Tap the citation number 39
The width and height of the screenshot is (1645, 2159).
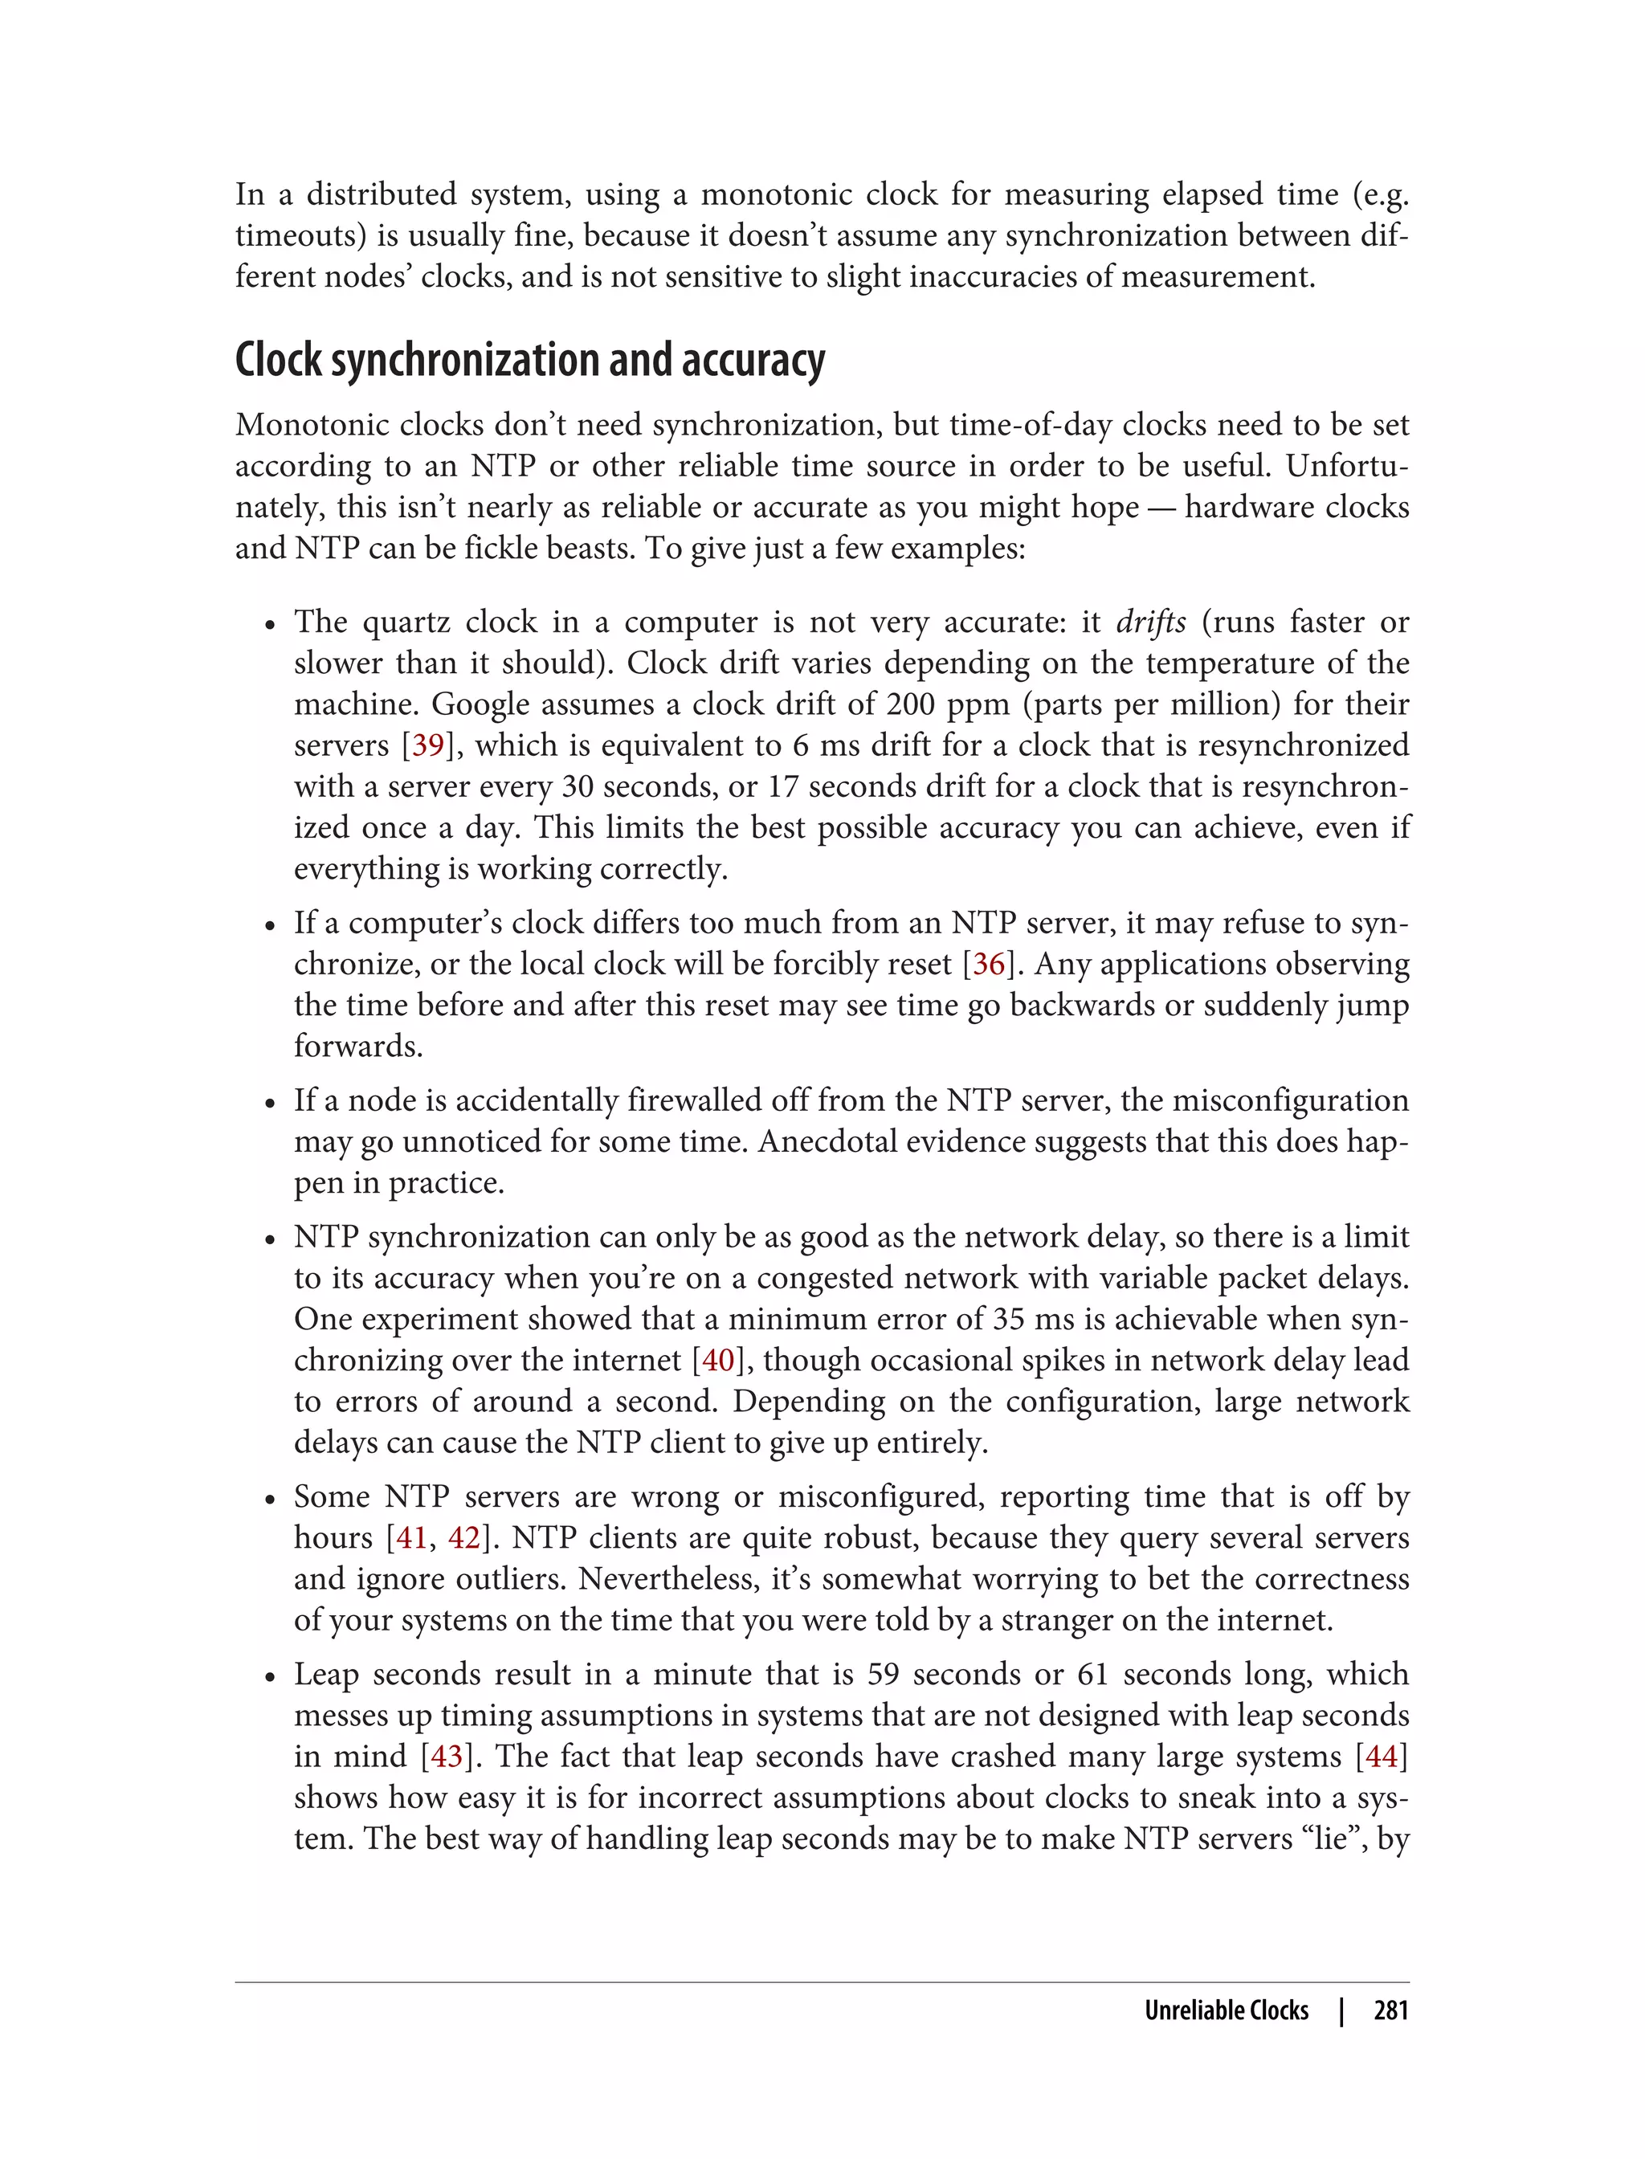coord(428,745)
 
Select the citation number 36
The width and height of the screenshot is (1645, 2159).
coord(988,965)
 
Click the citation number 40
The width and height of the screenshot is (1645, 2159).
coord(718,1360)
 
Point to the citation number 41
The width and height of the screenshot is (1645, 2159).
coord(411,1538)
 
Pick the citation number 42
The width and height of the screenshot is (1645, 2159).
coord(464,1538)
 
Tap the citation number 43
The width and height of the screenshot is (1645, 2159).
coord(447,1757)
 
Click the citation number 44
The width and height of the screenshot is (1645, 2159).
coord(1381,1757)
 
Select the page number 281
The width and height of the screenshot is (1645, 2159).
coord(1390,2011)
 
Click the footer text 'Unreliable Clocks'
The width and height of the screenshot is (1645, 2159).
coord(1226,2011)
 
